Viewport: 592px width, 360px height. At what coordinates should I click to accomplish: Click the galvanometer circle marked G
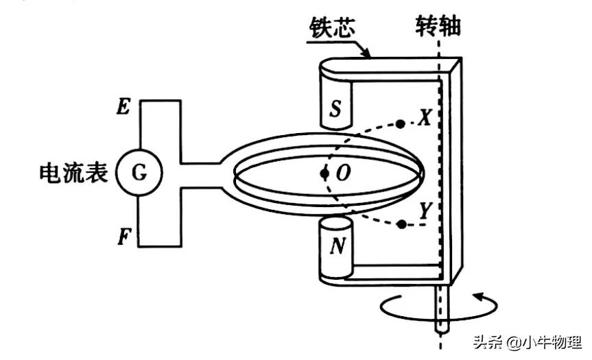click(x=139, y=173)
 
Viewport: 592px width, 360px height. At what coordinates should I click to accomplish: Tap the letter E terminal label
click(x=123, y=106)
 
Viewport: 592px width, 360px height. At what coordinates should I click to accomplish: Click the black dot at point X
click(x=400, y=124)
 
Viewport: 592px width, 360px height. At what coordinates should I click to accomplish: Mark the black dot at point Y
click(x=399, y=224)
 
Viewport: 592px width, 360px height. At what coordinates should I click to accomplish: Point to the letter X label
click(x=423, y=119)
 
